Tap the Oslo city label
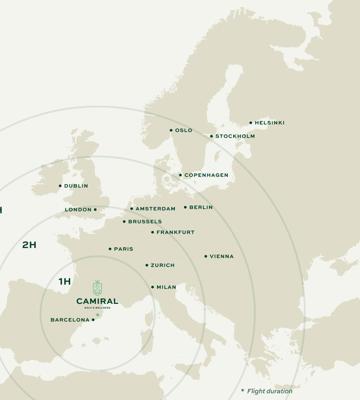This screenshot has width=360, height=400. [x=184, y=130]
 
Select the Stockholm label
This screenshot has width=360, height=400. [x=235, y=136]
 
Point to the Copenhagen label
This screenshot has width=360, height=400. [x=208, y=175]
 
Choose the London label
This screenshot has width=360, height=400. [x=78, y=210]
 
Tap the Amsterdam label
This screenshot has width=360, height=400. [x=156, y=209]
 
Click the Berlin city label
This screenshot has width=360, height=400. [x=201, y=207]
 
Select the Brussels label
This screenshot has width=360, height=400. [x=144, y=221]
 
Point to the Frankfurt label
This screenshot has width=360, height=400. [x=176, y=232]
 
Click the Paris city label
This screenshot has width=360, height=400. [x=124, y=249]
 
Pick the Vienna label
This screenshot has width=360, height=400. [x=222, y=256]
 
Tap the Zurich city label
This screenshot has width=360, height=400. [x=162, y=265]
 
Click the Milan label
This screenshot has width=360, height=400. [x=167, y=287]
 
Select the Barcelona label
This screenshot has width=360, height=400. [x=69, y=320]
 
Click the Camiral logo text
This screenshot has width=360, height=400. [x=97, y=300]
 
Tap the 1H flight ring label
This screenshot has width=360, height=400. [x=65, y=282]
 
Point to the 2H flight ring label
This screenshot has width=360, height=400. [x=29, y=243]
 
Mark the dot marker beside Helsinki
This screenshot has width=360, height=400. [x=251, y=123]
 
